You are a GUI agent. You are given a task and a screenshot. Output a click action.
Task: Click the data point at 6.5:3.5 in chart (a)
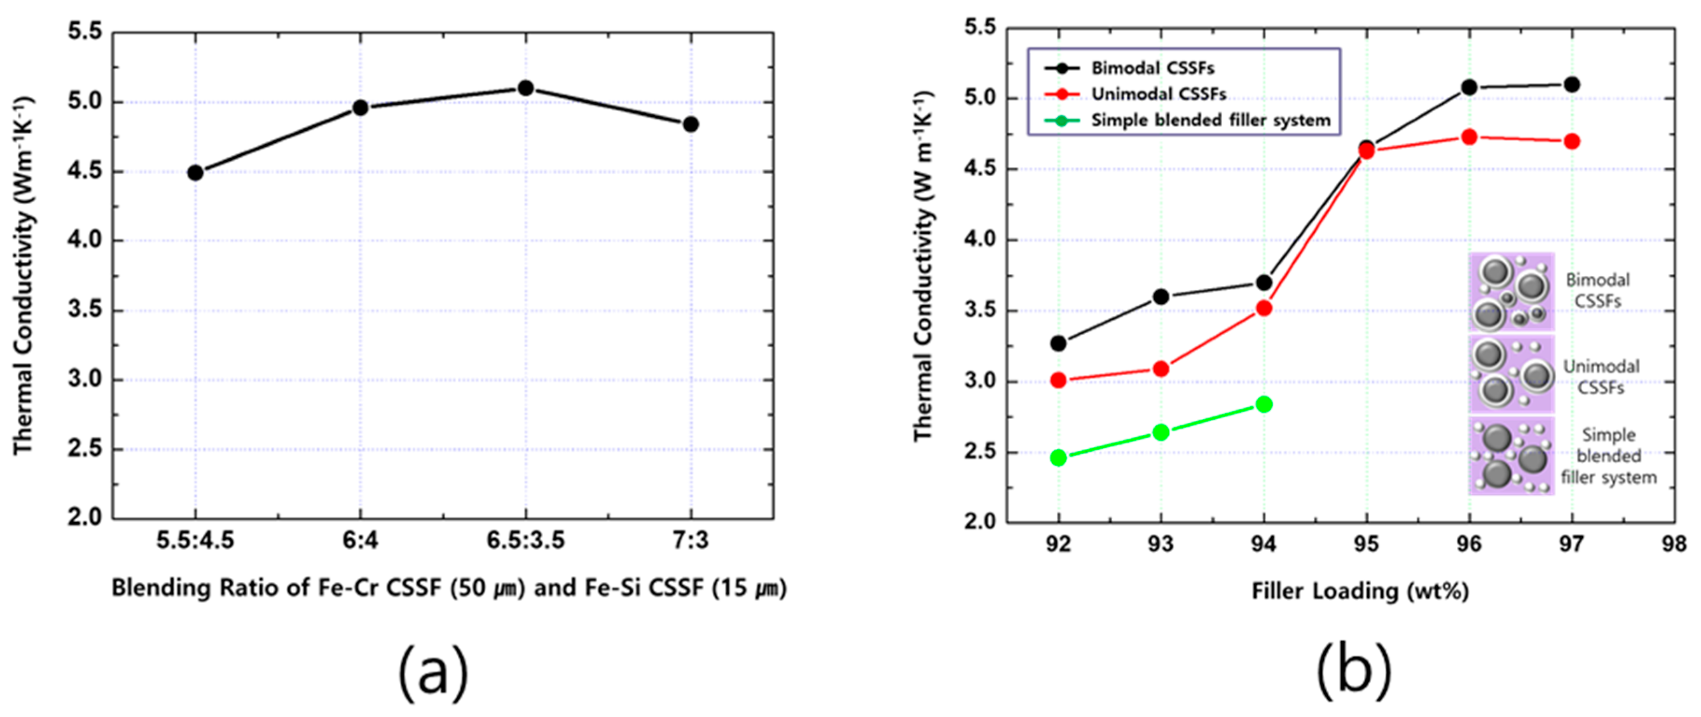(525, 88)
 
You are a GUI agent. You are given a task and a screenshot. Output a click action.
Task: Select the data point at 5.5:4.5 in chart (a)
(195, 173)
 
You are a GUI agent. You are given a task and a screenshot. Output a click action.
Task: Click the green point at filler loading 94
(1264, 404)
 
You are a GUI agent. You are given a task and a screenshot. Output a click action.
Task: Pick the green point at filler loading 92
(1058, 457)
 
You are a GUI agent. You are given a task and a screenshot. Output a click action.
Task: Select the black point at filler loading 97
(1572, 85)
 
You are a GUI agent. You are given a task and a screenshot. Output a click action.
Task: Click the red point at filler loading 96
(1469, 137)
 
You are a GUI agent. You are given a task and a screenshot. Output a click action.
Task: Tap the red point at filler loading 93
(1161, 369)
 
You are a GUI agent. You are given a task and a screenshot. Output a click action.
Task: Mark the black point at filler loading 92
(1058, 343)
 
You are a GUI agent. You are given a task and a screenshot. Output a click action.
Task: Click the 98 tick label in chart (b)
(1674, 545)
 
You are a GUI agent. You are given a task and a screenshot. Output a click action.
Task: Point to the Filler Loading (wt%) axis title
(1360, 591)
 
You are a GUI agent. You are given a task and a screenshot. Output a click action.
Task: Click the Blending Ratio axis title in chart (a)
(449, 588)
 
